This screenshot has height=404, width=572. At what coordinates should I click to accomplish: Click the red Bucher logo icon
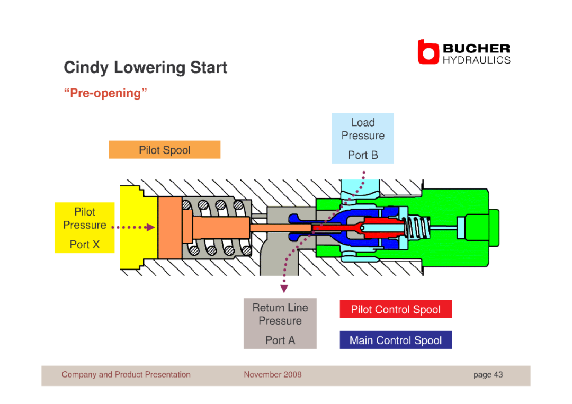(428, 52)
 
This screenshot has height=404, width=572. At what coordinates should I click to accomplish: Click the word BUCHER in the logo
(477, 48)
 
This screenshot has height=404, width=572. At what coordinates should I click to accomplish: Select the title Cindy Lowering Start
(145, 67)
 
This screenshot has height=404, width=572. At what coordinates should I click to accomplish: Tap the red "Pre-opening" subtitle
(105, 93)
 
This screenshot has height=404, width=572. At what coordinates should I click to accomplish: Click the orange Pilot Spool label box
(165, 150)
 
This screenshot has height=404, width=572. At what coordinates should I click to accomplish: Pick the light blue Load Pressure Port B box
(363, 138)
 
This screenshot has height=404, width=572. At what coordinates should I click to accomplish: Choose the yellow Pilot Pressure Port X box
(85, 228)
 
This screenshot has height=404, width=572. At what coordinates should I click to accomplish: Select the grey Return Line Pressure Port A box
(280, 324)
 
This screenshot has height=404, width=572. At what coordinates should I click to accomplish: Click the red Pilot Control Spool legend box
(396, 309)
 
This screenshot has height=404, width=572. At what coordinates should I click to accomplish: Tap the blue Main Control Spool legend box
(396, 340)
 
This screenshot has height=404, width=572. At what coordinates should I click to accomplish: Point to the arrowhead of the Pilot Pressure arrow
(150, 228)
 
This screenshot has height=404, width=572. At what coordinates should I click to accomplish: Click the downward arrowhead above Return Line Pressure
(284, 289)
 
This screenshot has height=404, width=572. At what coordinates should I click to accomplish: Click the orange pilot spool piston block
(170, 228)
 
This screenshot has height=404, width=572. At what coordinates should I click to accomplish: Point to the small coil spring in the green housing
(418, 228)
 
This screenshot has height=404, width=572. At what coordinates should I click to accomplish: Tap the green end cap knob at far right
(494, 228)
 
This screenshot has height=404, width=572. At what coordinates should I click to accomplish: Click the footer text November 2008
(273, 374)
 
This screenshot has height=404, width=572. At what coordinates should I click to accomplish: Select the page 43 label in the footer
(488, 374)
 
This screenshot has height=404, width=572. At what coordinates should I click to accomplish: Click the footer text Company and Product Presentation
(126, 374)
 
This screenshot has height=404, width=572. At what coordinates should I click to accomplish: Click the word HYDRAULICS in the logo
(477, 60)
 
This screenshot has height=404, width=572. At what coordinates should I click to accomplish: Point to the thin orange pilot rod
(281, 228)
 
